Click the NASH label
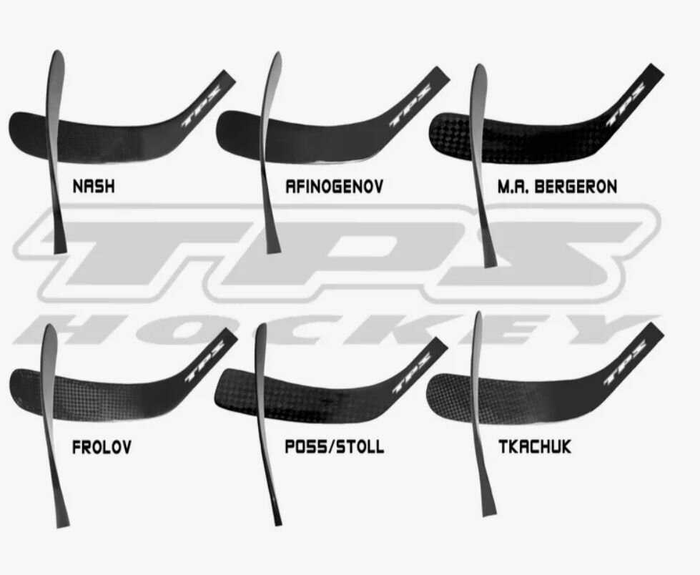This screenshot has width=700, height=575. pos(94,187)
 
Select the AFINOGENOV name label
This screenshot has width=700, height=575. pos(334,187)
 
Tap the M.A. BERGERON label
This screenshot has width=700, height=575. pos(557,187)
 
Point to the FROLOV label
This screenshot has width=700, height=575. pos(102,448)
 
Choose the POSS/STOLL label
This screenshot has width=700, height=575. pos(334,448)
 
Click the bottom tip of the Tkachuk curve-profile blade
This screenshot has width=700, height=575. pos(488,511)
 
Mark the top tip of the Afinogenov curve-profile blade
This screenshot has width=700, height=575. pos(273,56)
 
